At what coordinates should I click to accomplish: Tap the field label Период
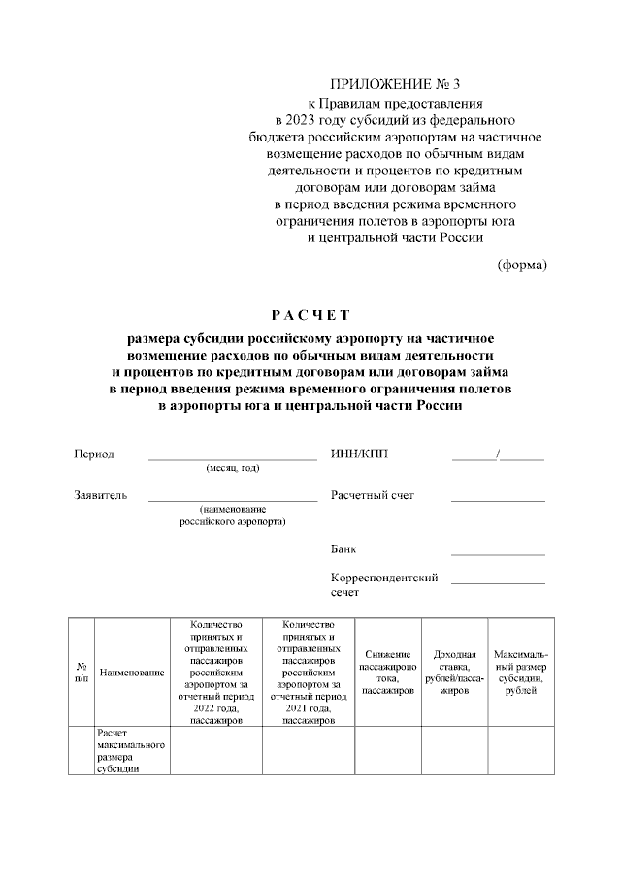(x=94, y=454)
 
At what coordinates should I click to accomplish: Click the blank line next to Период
(x=232, y=456)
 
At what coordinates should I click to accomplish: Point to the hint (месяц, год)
(x=233, y=468)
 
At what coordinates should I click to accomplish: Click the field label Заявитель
(x=101, y=495)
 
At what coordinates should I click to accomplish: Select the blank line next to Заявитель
(x=232, y=498)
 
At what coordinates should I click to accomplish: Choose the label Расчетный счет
(x=373, y=495)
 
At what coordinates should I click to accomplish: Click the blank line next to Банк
(x=498, y=552)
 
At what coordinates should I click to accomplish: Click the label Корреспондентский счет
(x=384, y=583)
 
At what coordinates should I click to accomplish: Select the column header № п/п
(x=81, y=672)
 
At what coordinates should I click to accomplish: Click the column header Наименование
(x=131, y=672)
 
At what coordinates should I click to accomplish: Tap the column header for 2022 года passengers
(x=216, y=672)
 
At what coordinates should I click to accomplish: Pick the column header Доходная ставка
(x=454, y=673)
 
